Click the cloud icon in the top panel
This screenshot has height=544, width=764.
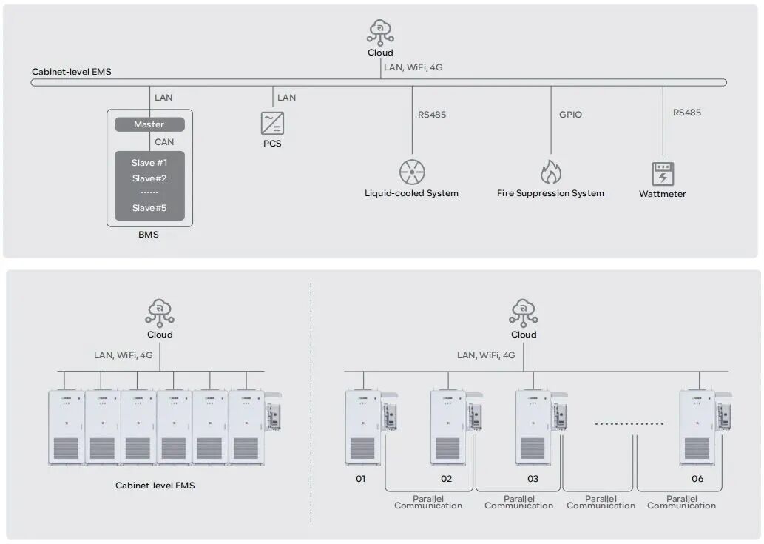pos(380,33)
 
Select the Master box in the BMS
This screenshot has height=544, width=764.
pos(149,124)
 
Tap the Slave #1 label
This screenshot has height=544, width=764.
pos(149,163)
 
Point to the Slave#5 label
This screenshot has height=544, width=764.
pos(149,208)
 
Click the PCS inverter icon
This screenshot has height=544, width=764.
pos(272,123)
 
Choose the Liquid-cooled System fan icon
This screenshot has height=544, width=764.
pos(412,172)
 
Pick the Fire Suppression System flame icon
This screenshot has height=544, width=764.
pos(550,172)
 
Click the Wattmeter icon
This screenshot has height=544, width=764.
pos(663,174)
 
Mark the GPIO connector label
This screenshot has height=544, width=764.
pos(570,115)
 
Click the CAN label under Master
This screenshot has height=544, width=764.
pos(164,142)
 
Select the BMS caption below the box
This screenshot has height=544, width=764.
pos(149,235)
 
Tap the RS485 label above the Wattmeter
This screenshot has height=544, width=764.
pos(687,113)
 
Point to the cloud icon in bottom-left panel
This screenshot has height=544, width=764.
pos(160,312)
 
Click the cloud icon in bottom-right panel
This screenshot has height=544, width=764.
pos(524,312)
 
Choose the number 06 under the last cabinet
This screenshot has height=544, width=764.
pos(697,479)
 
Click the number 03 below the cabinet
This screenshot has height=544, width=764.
pos(533,479)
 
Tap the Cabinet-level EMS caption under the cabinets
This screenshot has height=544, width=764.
pos(155,486)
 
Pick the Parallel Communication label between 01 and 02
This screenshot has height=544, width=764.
pos(428,503)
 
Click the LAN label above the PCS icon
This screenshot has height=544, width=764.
pos(286,98)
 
